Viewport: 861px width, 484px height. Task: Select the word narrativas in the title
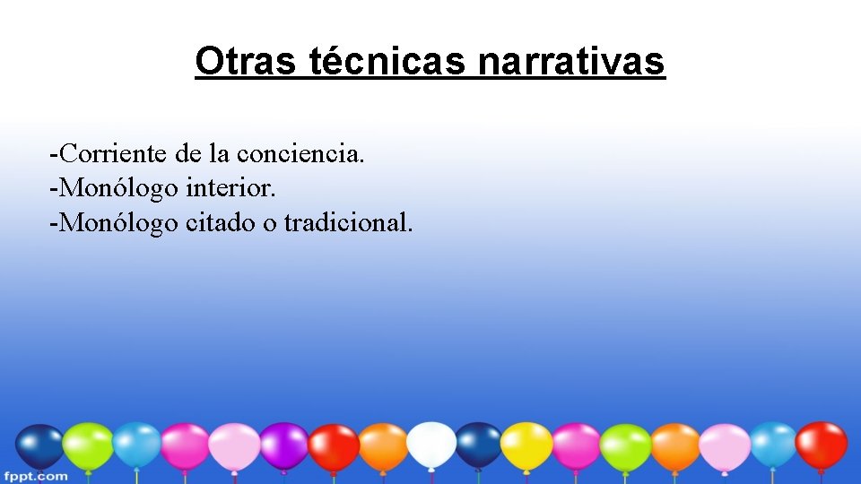click(x=571, y=61)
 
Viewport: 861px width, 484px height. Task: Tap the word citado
click(x=220, y=222)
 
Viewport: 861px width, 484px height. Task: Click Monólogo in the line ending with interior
click(x=117, y=188)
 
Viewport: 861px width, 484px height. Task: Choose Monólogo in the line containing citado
click(x=117, y=222)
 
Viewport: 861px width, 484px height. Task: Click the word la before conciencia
click(x=219, y=153)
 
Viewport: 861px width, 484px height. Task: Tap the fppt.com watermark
click(x=35, y=475)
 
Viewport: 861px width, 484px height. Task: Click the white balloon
click(x=431, y=445)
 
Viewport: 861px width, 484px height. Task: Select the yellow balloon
click(x=526, y=445)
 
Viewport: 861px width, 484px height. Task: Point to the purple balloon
click(x=284, y=445)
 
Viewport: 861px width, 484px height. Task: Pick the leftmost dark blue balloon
click(x=40, y=446)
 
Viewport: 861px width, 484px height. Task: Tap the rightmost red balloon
click(x=821, y=444)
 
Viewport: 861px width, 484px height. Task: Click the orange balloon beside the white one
click(x=384, y=446)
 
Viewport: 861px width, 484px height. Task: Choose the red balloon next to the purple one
click(x=334, y=447)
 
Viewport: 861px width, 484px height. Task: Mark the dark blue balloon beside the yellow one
click(x=479, y=445)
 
